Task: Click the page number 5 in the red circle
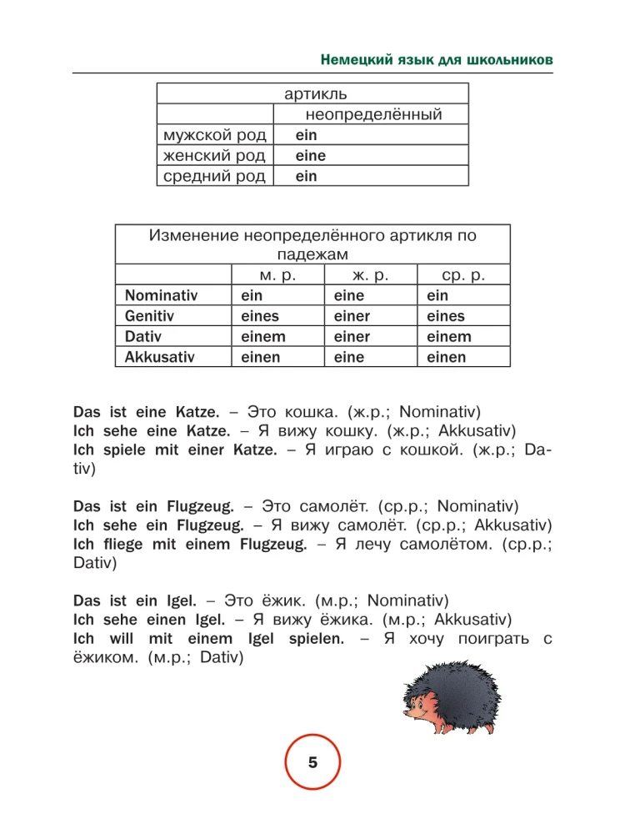(x=313, y=762)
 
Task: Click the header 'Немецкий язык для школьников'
(x=437, y=62)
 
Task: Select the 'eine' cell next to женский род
(x=310, y=155)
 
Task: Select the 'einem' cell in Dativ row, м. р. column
(x=262, y=337)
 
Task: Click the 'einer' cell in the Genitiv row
(x=352, y=316)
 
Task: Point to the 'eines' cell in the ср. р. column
(x=445, y=316)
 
